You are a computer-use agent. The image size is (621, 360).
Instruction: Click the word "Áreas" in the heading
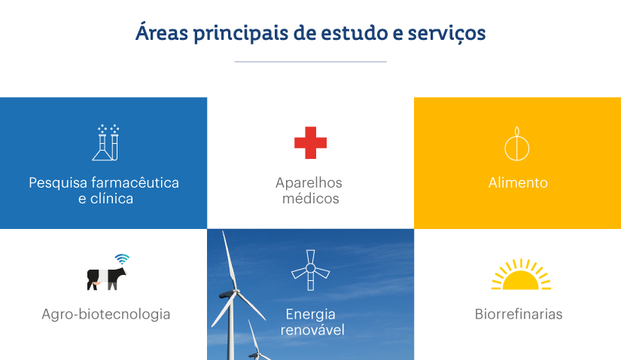click(x=162, y=32)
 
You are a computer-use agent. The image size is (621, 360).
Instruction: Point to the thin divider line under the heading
click(x=310, y=62)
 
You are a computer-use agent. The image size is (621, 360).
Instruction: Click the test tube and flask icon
click(x=105, y=142)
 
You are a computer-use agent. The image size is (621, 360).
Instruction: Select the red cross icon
click(x=310, y=143)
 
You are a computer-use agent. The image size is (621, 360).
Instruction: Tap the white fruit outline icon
click(x=517, y=145)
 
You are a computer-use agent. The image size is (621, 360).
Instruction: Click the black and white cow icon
click(x=106, y=279)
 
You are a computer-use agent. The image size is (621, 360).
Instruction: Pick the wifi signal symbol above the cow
click(x=122, y=259)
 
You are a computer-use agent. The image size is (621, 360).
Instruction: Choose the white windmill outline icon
click(x=310, y=270)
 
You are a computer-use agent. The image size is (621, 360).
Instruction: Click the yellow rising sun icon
click(x=521, y=275)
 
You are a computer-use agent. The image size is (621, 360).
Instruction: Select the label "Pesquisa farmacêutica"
click(x=104, y=183)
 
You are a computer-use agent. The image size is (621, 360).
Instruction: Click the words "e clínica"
click(x=105, y=199)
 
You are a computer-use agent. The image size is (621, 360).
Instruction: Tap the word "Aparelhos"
click(x=309, y=183)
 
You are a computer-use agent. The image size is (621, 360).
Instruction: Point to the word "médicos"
click(x=310, y=198)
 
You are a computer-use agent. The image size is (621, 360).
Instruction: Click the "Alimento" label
click(x=518, y=183)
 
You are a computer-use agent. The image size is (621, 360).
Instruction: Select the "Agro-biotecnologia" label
click(x=106, y=314)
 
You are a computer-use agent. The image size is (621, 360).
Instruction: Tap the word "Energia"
click(x=310, y=314)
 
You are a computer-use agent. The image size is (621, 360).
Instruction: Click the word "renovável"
click(x=312, y=330)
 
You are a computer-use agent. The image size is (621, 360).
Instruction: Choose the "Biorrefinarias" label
click(x=519, y=314)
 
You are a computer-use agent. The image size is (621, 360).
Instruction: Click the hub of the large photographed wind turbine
click(x=237, y=291)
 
